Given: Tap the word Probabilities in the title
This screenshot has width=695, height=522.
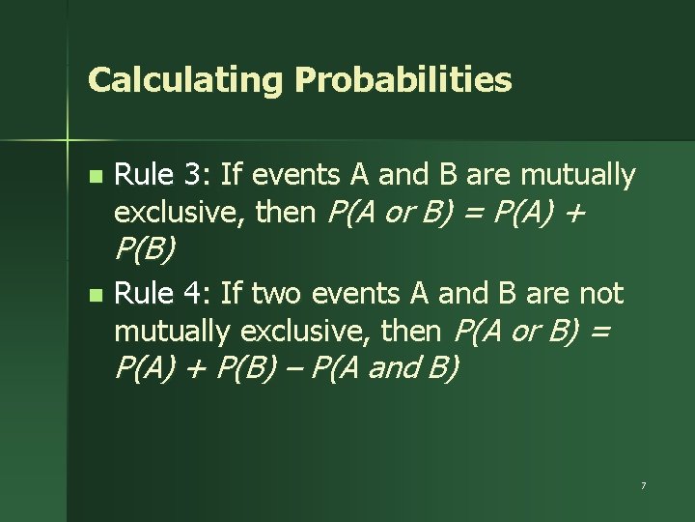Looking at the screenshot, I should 403,80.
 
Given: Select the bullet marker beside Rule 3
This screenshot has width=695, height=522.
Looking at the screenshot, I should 94,178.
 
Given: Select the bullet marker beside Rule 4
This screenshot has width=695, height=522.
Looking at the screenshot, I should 94,294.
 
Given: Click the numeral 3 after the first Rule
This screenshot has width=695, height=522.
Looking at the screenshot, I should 194,175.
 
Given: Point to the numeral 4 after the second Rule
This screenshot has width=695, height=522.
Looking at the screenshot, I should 194,292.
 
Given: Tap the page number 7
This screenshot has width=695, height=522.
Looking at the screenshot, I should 643,483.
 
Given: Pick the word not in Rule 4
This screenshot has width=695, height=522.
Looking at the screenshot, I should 603,292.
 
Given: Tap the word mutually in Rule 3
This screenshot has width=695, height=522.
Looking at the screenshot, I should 578,176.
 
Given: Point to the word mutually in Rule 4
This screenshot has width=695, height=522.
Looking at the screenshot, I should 173,332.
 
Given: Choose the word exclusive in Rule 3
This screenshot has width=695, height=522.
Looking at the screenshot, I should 180,213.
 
